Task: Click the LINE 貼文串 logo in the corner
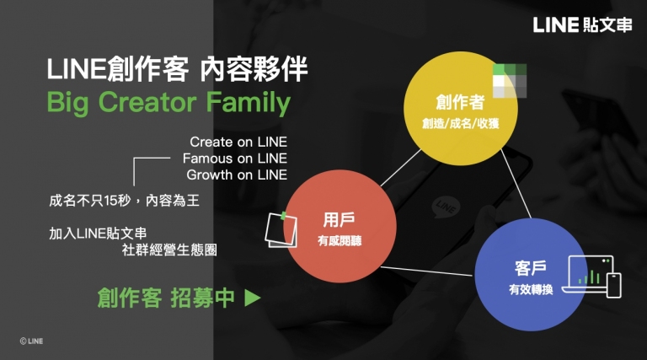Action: [x=582, y=24]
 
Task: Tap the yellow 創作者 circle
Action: [x=461, y=109]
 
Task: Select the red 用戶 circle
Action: [x=340, y=226]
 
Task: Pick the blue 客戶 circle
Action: [x=531, y=275]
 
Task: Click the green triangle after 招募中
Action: [x=253, y=298]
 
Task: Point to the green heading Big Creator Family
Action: [x=168, y=103]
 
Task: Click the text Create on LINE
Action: [x=238, y=142]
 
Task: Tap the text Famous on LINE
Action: [x=235, y=159]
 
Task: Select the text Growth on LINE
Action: [x=237, y=175]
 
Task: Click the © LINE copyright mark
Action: [x=31, y=341]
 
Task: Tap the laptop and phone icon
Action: [x=592, y=277]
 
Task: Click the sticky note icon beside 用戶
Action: [x=281, y=229]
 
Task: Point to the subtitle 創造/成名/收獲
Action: [x=461, y=123]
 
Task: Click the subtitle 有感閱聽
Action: [x=340, y=240]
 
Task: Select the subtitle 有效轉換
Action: [x=531, y=289]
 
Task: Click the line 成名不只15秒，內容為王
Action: [x=124, y=201]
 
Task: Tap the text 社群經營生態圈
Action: [x=169, y=250]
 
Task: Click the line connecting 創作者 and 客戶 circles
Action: [x=516, y=184]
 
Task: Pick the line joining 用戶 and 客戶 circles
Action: [x=426, y=271]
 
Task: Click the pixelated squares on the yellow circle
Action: [x=510, y=80]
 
